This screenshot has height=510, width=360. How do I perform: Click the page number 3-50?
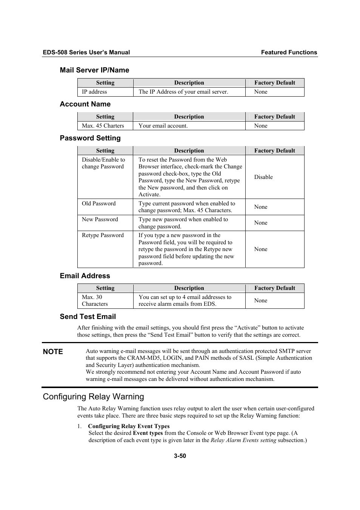point(180,456)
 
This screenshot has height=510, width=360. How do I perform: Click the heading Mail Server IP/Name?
point(94,70)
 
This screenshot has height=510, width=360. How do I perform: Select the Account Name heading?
point(85,104)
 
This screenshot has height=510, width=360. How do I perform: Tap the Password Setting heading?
point(90,138)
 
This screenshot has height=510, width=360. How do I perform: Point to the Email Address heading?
point(85,276)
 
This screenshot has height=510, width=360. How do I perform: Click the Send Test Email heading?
point(88,316)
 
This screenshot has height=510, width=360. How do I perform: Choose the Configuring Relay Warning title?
point(94,396)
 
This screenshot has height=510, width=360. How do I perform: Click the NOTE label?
point(53,351)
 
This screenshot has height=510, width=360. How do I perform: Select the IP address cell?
point(94,92)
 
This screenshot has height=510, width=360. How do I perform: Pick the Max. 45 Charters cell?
point(103,126)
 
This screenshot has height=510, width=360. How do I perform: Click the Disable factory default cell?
point(263,177)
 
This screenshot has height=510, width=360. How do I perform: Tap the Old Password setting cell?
point(99,203)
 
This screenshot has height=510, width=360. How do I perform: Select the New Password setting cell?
point(100,219)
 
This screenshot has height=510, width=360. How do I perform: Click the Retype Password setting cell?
point(103,235)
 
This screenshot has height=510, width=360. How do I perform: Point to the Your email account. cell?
point(163,126)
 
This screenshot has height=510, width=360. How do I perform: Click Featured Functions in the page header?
point(289,52)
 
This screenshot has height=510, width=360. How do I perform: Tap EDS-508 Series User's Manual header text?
point(86,52)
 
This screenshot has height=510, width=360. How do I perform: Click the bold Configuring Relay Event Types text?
point(129,426)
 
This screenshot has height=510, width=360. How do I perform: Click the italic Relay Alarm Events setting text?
point(243,440)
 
